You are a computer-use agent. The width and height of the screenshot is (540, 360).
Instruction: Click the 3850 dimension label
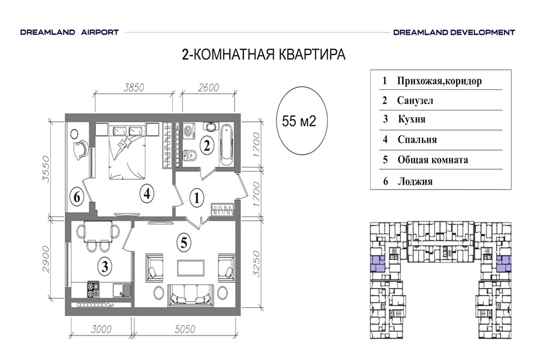134,88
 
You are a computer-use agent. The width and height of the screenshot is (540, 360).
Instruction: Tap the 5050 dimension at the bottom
185,329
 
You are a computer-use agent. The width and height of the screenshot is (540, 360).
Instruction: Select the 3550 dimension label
46,169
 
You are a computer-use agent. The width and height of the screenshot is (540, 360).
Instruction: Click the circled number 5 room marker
184,242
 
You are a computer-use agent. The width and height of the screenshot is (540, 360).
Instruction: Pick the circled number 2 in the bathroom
206,145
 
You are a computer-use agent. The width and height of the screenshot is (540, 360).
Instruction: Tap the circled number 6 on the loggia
76,197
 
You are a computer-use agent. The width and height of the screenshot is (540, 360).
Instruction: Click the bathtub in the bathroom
226,145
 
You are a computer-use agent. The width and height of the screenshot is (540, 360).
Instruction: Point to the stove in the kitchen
93,289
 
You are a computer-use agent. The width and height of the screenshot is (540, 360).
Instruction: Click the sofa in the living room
190,296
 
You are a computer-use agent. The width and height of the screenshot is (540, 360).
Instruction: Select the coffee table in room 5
190,268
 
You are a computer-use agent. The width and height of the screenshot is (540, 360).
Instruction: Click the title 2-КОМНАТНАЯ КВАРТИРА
263,55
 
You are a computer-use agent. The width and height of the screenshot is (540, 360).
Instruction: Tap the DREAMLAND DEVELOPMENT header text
454,33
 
